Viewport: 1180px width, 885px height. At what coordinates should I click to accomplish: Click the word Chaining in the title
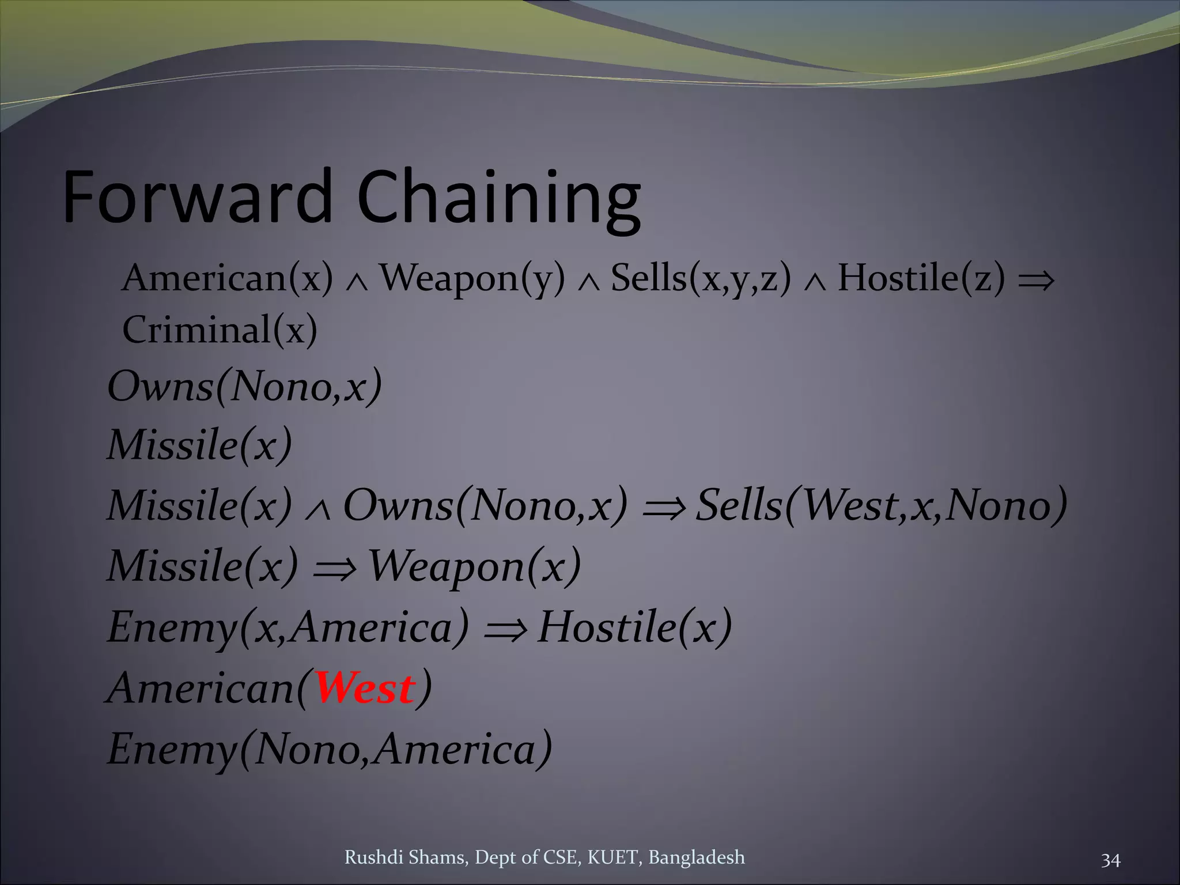(x=498, y=199)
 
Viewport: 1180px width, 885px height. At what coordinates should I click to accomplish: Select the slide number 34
(x=1110, y=861)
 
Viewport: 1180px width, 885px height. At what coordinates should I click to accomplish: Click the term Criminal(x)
(x=220, y=330)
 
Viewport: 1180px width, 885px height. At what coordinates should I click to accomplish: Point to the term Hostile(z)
(x=921, y=278)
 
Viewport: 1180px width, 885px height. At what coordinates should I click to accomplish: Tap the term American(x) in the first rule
(x=228, y=278)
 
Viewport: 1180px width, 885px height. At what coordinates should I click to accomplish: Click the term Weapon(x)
(x=474, y=566)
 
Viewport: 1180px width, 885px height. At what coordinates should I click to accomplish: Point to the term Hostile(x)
(x=634, y=627)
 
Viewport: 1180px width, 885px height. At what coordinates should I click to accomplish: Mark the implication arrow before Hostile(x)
(x=505, y=629)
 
